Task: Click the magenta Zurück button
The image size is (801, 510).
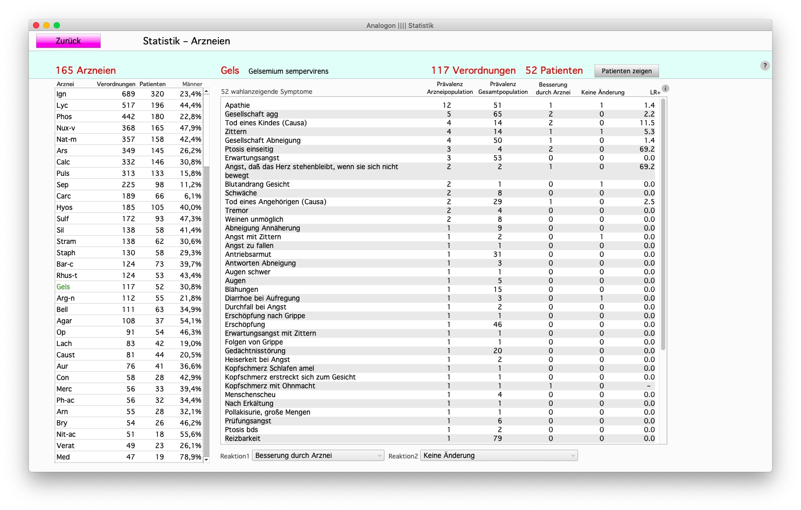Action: tap(68, 41)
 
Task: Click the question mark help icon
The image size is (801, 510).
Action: tap(765, 65)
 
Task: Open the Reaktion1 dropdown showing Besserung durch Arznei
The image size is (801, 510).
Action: tap(317, 456)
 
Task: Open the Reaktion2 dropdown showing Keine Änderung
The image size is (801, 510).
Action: tap(499, 456)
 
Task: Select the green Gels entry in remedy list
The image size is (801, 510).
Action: tap(63, 287)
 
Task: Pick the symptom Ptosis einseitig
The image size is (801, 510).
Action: tap(249, 150)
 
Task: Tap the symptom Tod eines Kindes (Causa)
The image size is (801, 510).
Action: tap(266, 123)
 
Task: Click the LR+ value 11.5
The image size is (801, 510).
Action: tap(647, 123)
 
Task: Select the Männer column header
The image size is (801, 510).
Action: tap(192, 84)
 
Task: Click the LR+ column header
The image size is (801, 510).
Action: tap(655, 92)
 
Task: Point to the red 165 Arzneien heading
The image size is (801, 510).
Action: tap(86, 71)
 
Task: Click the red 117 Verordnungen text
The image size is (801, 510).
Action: tap(473, 71)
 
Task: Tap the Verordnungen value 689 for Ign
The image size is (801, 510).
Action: tap(128, 94)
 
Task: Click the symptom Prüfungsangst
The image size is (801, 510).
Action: tap(248, 421)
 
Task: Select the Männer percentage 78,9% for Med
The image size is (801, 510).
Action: tap(190, 457)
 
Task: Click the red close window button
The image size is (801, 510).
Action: tap(36, 25)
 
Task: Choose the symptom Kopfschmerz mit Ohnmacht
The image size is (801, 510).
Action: tap(270, 386)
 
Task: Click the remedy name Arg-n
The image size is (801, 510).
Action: tap(66, 299)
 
